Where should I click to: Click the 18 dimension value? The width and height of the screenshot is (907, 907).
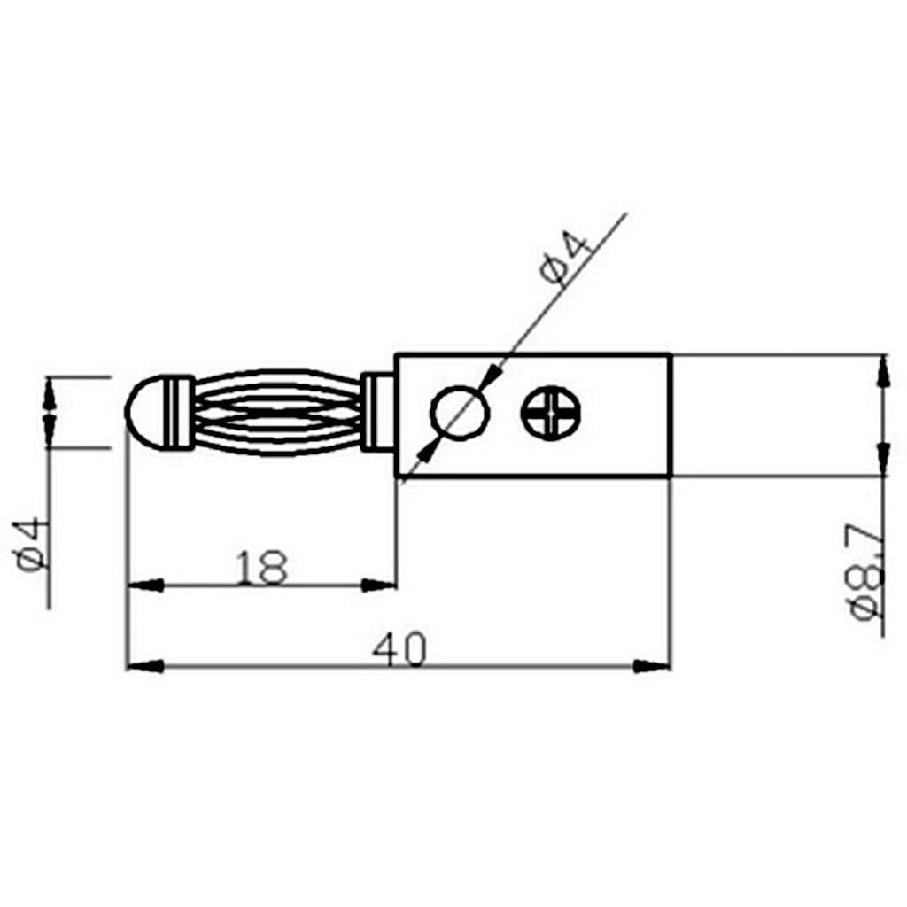click(x=261, y=567)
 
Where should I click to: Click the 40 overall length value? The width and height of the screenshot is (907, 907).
click(x=399, y=649)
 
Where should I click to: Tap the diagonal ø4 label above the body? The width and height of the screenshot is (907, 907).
click(x=567, y=259)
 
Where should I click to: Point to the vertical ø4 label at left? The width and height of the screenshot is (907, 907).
click(x=29, y=543)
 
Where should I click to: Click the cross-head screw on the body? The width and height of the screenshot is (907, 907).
click(x=551, y=413)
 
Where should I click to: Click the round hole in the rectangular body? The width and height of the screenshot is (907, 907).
click(x=460, y=413)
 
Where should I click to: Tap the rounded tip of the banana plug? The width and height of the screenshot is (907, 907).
click(x=145, y=413)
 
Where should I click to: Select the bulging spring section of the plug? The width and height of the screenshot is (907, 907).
click(x=277, y=413)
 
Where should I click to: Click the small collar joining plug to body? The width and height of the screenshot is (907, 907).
click(x=378, y=413)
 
